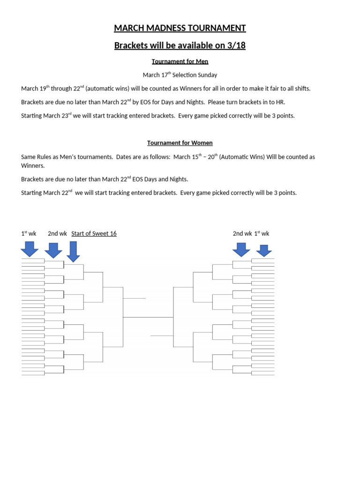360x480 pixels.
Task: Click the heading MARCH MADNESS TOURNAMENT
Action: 180,28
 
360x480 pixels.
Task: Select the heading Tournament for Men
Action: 180,61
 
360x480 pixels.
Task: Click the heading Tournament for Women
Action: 180,143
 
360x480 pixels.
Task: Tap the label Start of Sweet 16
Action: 94,233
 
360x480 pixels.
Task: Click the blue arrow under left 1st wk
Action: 30,248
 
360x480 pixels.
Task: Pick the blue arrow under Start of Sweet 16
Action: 73,251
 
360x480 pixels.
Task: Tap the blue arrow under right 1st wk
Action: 264,250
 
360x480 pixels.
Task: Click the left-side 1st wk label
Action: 29,233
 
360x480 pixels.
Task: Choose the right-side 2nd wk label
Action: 242,233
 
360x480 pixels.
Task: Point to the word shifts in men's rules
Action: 300,89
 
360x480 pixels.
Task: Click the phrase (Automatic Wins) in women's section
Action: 242,157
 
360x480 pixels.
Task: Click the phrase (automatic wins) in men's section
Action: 107,89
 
